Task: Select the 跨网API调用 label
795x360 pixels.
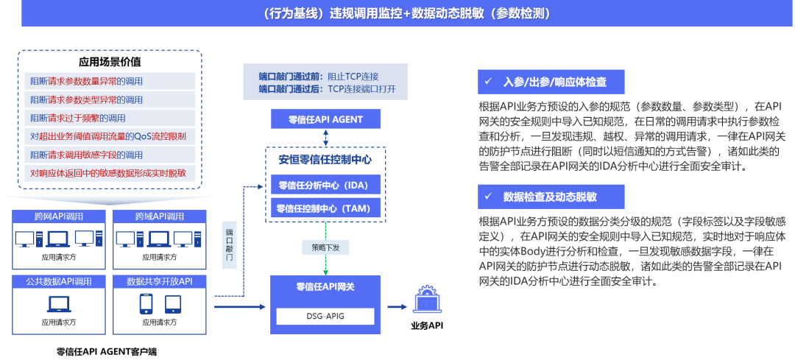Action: [x=59, y=216]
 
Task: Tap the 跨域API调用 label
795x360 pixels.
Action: [x=159, y=216]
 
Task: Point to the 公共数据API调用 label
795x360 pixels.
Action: [x=59, y=281]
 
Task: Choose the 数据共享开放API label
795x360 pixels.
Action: [x=160, y=281]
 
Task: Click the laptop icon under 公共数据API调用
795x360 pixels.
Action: [x=58, y=303]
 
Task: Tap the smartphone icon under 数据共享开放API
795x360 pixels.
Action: [x=146, y=303]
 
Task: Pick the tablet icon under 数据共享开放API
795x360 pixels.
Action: [x=173, y=303]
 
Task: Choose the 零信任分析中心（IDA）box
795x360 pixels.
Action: [x=324, y=185]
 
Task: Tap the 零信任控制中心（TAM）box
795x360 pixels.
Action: [x=324, y=208]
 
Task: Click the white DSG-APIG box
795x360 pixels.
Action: [x=325, y=316]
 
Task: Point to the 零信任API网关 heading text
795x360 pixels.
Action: [x=325, y=287]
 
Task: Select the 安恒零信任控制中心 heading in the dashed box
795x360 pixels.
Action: [x=325, y=159]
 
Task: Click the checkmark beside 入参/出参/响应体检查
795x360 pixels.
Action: [x=487, y=80]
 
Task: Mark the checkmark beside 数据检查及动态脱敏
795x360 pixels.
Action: [x=487, y=197]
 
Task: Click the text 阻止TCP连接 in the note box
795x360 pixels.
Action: [x=353, y=76]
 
